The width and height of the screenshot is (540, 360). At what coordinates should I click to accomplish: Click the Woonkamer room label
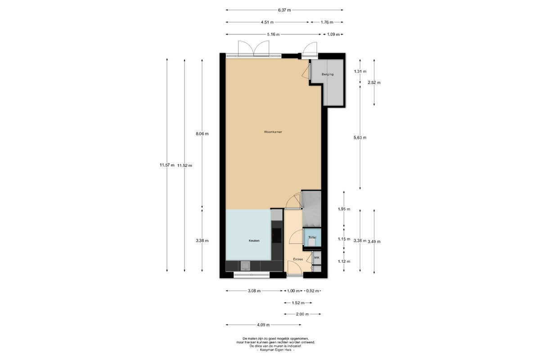coord(273,132)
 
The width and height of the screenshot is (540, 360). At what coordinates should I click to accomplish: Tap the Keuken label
coord(254,240)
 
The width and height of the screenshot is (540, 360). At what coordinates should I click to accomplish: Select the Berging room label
coord(328,74)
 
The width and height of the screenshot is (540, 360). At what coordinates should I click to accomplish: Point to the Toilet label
coord(312,238)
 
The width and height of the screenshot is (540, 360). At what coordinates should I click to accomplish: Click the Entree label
coord(298,259)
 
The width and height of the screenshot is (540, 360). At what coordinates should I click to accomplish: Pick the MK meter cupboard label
coord(317,258)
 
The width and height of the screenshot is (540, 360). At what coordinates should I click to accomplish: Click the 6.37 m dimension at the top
coord(284,10)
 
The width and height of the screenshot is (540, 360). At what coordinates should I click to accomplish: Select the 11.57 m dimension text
coord(167,165)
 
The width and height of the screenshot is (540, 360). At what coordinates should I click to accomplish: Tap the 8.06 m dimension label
coord(202,134)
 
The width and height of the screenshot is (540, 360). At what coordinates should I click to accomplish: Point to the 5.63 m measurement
coord(360,138)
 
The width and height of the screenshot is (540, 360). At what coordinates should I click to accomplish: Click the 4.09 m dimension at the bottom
coord(263,325)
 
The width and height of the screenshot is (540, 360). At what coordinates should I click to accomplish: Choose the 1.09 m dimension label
coord(333,35)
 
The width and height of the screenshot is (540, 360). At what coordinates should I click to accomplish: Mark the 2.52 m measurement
coord(374,82)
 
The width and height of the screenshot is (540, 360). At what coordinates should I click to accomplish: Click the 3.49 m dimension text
coord(374,242)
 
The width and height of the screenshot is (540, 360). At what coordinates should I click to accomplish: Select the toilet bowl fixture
coord(312,242)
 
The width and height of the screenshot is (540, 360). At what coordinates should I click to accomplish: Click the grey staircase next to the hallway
coord(311,209)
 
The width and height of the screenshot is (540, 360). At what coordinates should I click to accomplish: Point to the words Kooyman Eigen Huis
coord(275,350)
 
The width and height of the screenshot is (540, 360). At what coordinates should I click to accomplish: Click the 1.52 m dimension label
coord(298,303)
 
